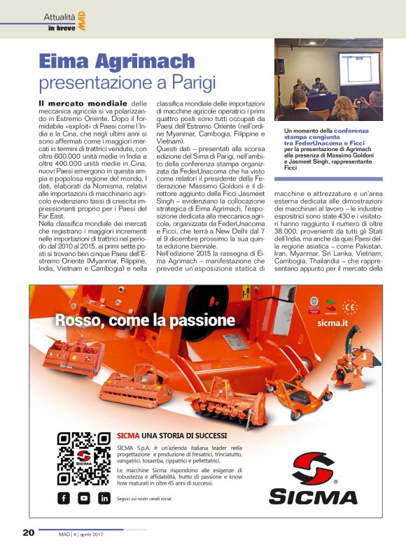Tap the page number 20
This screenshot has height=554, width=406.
click(x=28, y=532)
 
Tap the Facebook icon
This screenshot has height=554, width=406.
click(x=64, y=498)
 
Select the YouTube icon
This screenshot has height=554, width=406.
click(x=84, y=498)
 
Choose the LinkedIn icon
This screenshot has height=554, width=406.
click(x=104, y=498)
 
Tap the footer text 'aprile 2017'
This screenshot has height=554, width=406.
click(x=104, y=533)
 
